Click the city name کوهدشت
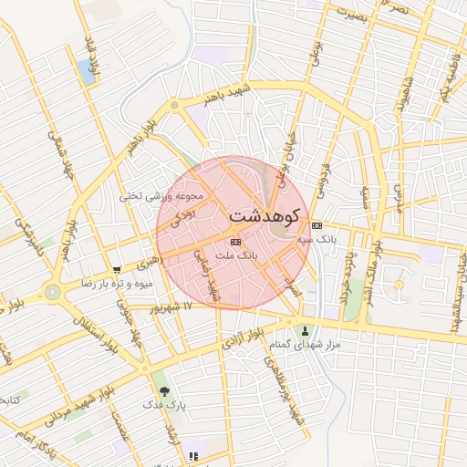268,217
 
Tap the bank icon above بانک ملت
236,242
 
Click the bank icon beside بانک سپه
317,225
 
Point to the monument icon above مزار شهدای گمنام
305,330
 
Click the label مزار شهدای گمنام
305,344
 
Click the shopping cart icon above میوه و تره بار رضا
116,270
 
